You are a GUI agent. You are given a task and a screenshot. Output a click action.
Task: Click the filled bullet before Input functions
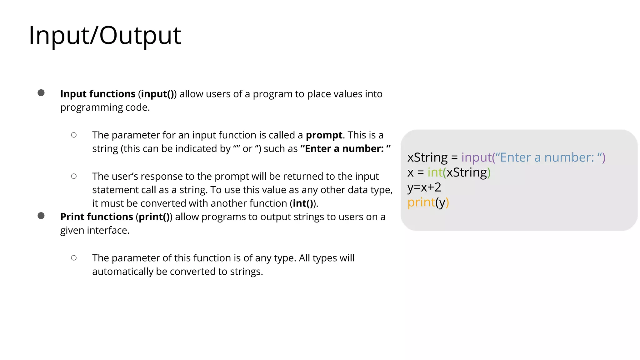[x=41, y=93]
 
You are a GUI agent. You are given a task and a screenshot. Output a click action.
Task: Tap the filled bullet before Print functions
[x=41, y=216]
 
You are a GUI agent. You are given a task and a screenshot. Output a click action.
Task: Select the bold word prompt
[x=324, y=135]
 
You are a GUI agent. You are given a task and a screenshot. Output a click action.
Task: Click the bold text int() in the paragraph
[x=303, y=203]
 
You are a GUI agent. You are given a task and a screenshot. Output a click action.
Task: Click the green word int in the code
[x=435, y=172]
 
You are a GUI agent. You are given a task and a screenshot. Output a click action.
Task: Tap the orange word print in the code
[x=421, y=202]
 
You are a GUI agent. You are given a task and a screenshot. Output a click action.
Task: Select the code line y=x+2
[x=424, y=187]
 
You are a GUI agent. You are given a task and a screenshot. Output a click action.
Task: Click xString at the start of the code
[x=427, y=157]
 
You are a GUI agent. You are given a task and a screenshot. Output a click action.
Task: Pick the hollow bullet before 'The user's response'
[x=74, y=176]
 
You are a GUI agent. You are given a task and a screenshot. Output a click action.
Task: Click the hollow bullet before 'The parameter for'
[x=74, y=135]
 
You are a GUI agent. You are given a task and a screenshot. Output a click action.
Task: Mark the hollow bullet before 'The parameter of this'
[x=74, y=258]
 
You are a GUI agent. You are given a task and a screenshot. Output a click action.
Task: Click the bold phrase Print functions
[x=97, y=217]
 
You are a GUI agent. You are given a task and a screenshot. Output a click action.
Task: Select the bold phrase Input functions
[x=98, y=94]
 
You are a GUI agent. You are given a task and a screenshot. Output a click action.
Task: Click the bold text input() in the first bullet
[x=157, y=94]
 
